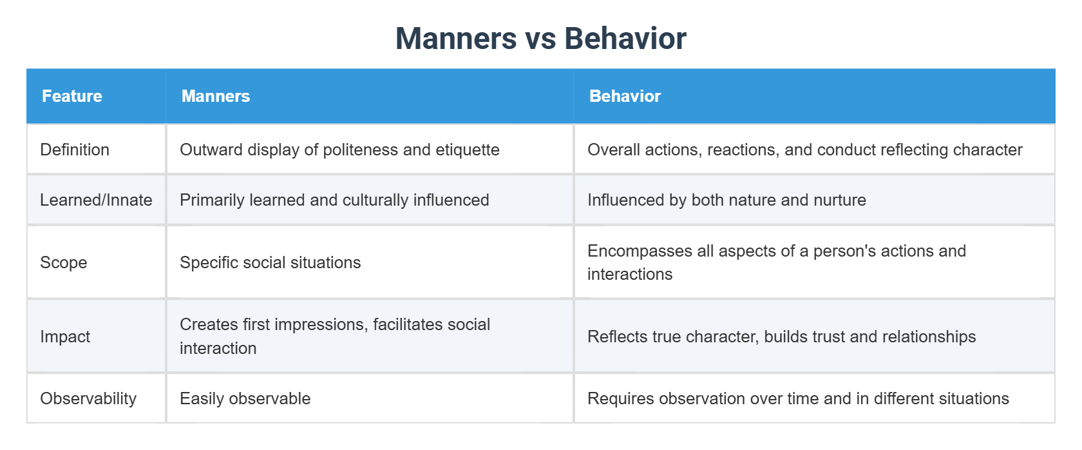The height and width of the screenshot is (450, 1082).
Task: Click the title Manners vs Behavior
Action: pyautogui.click(x=540, y=39)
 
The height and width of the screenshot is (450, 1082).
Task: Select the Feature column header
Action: pyautogui.click(x=72, y=96)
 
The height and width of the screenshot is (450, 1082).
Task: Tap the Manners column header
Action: pyautogui.click(x=216, y=96)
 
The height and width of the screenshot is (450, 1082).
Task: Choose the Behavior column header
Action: pyautogui.click(x=625, y=96)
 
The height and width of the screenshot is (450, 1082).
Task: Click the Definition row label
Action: pyautogui.click(x=75, y=150)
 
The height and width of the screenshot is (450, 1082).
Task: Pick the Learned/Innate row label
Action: pyautogui.click(x=96, y=200)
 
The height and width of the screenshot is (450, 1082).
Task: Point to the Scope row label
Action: pyautogui.click(x=63, y=262)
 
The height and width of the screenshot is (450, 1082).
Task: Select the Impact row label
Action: pyautogui.click(x=65, y=337)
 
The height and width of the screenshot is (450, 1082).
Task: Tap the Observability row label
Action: pyautogui.click(x=88, y=398)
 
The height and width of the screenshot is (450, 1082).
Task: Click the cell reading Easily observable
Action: pyautogui.click(x=245, y=398)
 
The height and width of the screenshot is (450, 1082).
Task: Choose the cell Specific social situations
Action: pyautogui.click(x=270, y=262)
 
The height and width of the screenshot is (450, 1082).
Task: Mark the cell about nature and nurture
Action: pyautogui.click(x=726, y=200)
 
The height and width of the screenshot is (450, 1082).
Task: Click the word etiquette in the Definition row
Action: pyautogui.click(x=468, y=150)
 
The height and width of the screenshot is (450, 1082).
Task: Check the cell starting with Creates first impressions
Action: pyautogui.click(x=335, y=336)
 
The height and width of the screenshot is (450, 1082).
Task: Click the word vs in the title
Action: pyautogui.click(x=541, y=39)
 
